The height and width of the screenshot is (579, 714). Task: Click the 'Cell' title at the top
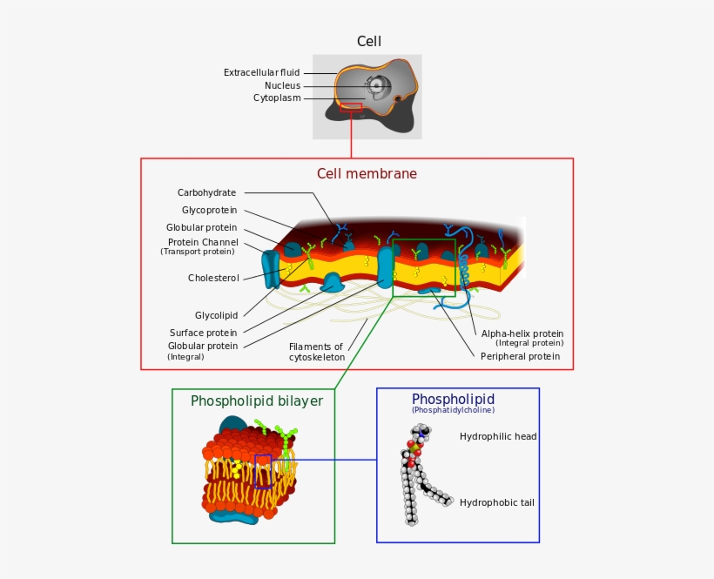(368, 41)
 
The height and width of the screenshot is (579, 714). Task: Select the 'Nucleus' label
(282, 85)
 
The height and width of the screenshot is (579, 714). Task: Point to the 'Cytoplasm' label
(277, 98)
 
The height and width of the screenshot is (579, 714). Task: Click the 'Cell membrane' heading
(367, 173)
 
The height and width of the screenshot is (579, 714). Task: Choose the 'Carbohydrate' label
(206, 192)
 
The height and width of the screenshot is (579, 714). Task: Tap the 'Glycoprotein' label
(209, 210)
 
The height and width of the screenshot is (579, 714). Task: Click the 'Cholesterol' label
(213, 278)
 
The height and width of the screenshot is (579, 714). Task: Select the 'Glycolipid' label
(216, 315)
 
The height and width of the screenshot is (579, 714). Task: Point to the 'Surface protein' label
(203, 333)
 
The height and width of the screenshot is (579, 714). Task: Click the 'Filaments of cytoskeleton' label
(317, 352)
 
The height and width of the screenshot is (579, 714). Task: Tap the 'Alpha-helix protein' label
(522, 333)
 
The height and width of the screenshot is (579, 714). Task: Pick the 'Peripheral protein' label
(520, 356)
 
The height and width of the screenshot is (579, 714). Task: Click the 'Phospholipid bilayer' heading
(257, 401)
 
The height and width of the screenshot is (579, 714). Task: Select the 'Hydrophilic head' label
(498, 436)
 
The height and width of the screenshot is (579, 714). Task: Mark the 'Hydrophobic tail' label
(497, 502)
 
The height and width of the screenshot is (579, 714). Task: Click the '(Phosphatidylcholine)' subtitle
(453, 410)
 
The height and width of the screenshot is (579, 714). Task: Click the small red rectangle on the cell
(351, 107)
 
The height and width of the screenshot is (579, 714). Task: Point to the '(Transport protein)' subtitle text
(197, 252)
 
